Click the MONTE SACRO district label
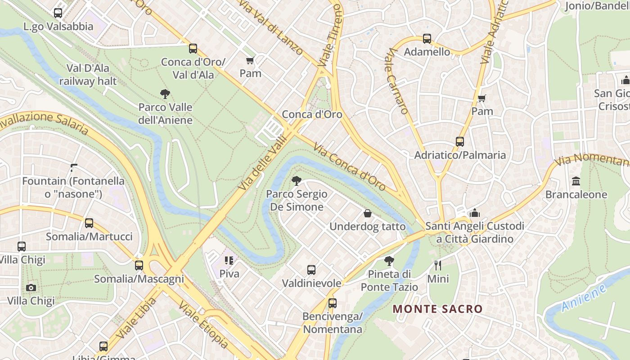click(x=437, y=309)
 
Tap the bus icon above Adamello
click(x=427, y=39)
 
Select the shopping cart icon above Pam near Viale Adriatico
click(x=481, y=98)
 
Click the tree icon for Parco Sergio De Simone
click(x=296, y=181)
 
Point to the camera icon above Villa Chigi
click(x=31, y=288)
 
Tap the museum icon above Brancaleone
click(x=576, y=181)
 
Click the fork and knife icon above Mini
click(x=437, y=265)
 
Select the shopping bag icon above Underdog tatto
click(x=367, y=213)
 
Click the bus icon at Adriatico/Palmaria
click(x=459, y=142)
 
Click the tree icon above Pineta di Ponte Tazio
click(x=389, y=261)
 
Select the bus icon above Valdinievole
click(x=311, y=270)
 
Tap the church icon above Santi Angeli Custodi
click(x=474, y=213)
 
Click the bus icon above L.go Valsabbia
click(x=58, y=13)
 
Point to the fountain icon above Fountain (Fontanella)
click(x=73, y=168)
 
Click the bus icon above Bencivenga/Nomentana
click(x=332, y=303)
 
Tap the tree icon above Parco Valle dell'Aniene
click(x=165, y=94)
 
